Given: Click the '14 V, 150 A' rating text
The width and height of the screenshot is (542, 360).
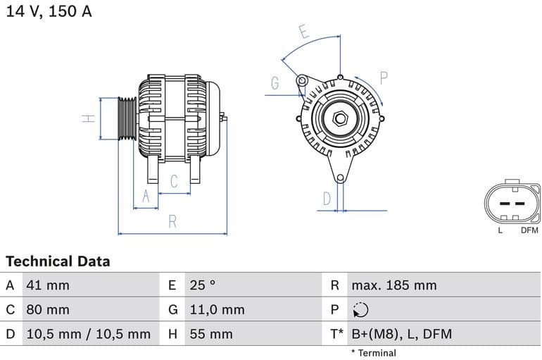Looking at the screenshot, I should (x=49, y=12).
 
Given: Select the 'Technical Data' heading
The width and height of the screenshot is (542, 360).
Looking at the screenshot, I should (x=58, y=261).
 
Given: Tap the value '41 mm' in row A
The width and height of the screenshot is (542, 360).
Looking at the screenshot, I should (x=48, y=285).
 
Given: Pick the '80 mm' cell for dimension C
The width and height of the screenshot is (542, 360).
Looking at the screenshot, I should (x=48, y=309).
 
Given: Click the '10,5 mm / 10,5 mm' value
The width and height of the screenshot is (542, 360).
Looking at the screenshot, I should (x=88, y=334).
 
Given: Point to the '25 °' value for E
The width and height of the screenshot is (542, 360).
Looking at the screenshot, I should (x=203, y=285).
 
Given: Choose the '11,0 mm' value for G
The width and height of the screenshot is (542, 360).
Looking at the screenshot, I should (x=217, y=309).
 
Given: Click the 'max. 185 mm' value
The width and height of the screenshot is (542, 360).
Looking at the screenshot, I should (x=393, y=285).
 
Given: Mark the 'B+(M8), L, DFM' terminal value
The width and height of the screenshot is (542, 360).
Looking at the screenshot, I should (x=401, y=334).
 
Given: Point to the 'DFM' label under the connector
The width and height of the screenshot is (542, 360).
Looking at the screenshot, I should (x=529, y=230).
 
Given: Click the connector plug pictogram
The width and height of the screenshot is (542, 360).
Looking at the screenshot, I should (x=512, y=204).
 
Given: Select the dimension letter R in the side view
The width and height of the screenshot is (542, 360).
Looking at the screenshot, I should (x=172, y=223).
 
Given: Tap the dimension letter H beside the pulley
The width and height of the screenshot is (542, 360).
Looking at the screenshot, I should (x=89, y=118).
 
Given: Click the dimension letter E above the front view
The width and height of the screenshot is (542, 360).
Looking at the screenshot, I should (x=303, y=32).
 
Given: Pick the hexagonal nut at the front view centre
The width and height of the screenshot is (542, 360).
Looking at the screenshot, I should (x=340, y=118).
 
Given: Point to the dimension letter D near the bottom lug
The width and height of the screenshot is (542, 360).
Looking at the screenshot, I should (x=327, y=199).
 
